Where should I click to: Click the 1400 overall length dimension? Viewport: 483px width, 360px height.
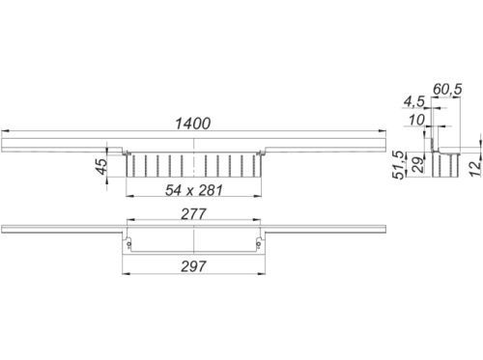193,124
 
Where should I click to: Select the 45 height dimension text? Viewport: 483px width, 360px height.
102,166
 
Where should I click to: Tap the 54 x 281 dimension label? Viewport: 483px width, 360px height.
193,190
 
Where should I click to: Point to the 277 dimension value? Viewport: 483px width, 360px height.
193,214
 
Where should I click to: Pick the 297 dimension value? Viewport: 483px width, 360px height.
193,266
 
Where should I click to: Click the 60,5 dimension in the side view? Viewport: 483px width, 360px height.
447,89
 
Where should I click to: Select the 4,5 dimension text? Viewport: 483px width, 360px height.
414,101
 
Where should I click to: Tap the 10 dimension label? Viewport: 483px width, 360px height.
417,121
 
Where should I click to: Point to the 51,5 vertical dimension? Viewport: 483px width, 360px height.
398,165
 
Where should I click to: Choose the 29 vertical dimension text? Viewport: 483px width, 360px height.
418,165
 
